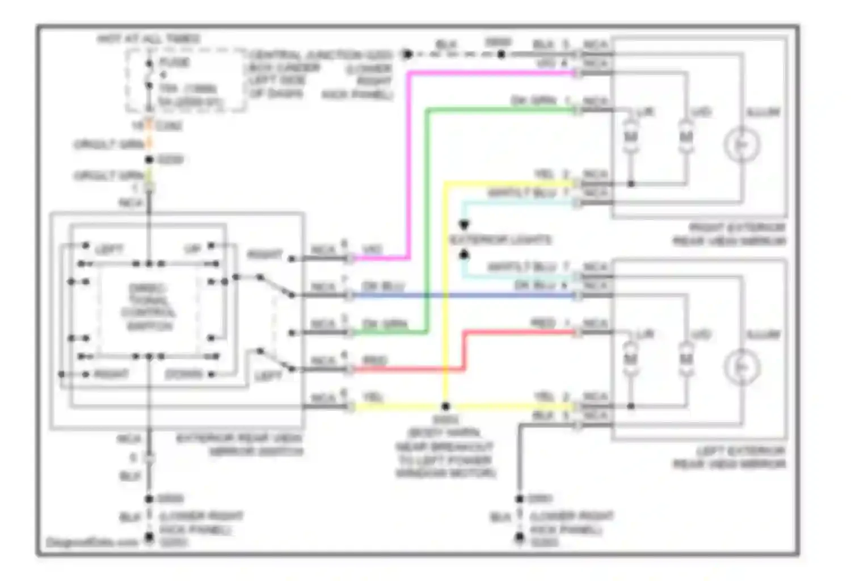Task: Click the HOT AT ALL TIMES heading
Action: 149,39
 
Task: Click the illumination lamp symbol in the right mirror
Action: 742,145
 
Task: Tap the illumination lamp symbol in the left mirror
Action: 742,367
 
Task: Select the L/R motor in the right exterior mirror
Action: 630,137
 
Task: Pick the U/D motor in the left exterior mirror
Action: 686,359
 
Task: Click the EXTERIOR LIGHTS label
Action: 500,240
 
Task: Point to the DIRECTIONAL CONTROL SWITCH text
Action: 149,307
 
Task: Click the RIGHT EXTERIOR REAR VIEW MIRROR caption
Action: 729,234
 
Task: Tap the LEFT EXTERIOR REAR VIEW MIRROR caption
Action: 729,457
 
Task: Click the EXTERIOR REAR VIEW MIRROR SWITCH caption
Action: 239,445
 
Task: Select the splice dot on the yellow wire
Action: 445,406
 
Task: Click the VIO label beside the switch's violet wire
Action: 372,250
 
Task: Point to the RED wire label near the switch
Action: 374,360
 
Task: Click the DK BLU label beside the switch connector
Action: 384,286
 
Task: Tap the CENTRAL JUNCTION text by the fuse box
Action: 321,55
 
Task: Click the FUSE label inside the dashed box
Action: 174,62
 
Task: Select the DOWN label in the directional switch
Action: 183,374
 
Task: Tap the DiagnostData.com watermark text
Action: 92,542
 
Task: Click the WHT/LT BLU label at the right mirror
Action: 522,193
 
